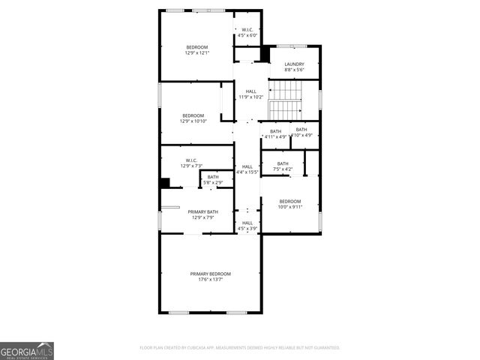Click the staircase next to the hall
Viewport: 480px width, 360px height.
click(284, 100)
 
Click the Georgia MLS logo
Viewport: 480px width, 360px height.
click(27, 350)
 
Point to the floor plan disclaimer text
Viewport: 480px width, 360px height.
click(240, 348)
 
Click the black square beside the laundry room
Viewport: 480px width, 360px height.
click(265, 55)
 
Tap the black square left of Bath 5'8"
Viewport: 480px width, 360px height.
click(165, 182)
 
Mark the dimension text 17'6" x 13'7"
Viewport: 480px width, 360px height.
click(210, 280)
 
